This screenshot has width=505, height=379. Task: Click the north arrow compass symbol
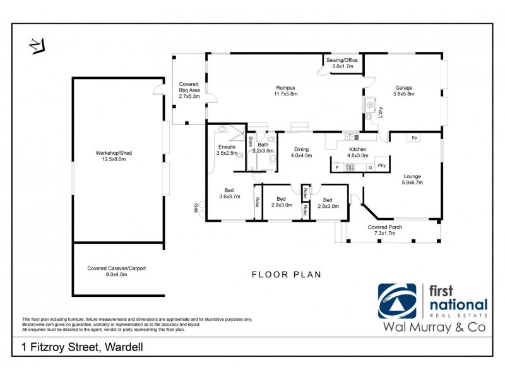coord(37,46)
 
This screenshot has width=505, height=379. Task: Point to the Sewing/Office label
coord(342,63)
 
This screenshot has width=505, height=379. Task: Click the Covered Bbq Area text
coord(189,90)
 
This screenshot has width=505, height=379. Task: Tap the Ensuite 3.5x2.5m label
coord(227,150)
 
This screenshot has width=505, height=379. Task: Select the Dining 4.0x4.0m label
coord(301,152)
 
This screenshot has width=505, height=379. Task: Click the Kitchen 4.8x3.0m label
coord(357,152)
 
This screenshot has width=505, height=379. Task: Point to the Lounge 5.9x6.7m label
coord(412,179)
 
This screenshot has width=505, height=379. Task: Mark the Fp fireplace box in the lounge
coord(414,138)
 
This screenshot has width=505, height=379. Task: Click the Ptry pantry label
coord(381,167)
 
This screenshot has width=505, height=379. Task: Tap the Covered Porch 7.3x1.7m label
coord(385,230)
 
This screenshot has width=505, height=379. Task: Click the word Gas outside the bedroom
coord(196,208)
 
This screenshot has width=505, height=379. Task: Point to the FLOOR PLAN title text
coord(287,274)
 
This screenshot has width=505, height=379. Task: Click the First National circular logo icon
coord(398,301)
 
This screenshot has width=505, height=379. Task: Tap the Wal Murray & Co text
coord(435,327)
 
